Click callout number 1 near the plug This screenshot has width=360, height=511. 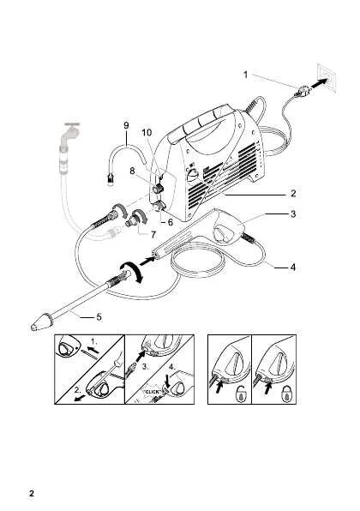coord(245,75)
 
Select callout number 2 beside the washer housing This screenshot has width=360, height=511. coord(292,194)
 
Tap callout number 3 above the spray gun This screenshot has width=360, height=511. coord(292,213)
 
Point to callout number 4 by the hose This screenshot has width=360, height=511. coord(292,268)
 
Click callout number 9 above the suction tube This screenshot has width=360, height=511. coord(126,125)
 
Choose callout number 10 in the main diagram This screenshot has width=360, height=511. coord(147,133)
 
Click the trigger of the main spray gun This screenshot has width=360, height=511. coord(228,236)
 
